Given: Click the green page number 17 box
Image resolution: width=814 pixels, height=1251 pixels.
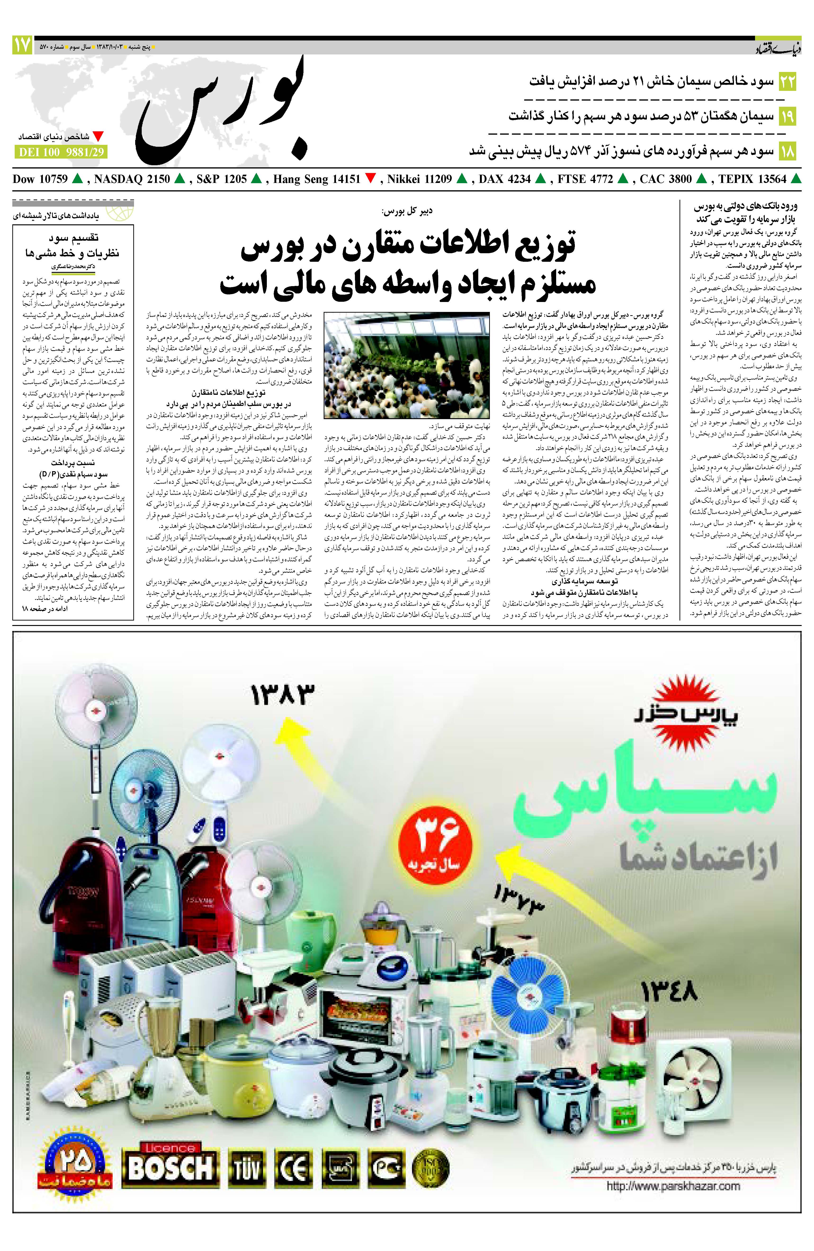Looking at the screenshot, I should tap(22, 46).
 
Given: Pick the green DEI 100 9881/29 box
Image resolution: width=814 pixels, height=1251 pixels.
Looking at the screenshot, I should tap(60, 152).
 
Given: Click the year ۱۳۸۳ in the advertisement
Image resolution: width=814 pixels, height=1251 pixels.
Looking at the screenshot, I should tap(282, 695).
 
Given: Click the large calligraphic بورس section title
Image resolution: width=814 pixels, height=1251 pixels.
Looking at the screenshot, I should tap(224, 108).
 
